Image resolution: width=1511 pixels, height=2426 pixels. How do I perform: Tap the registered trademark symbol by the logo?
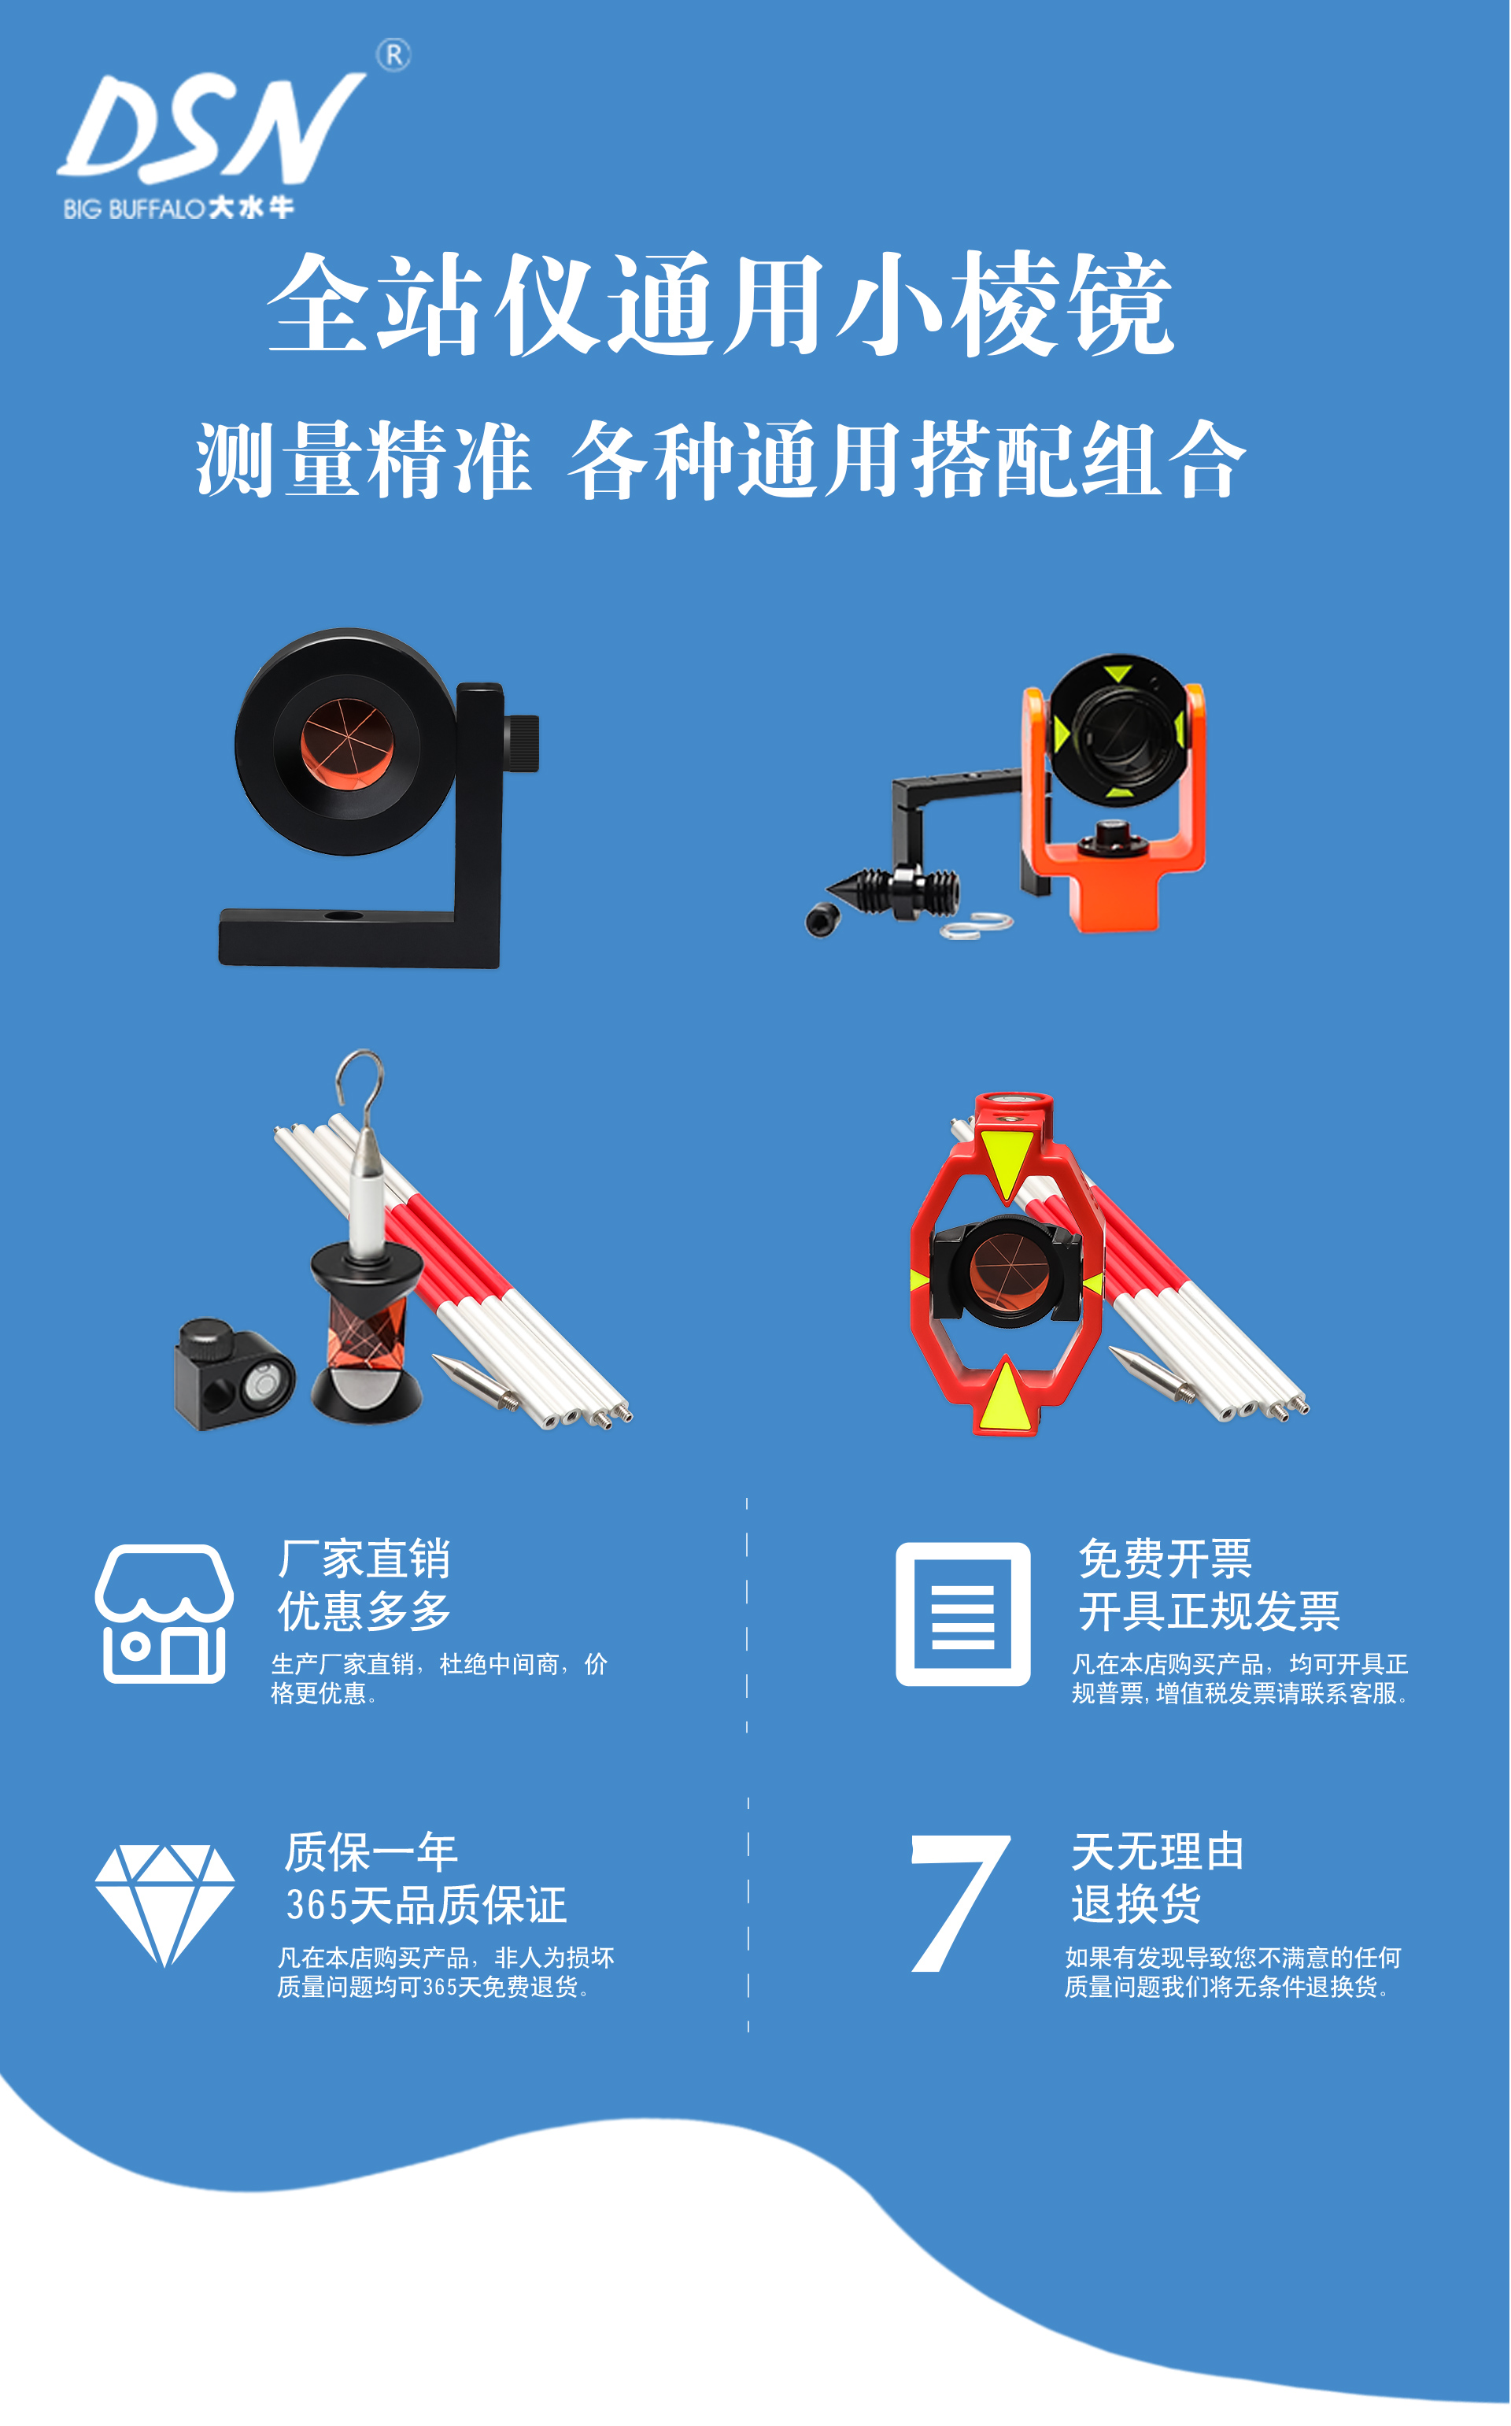(393, 55)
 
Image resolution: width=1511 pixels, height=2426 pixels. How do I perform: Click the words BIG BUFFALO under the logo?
(134, 209)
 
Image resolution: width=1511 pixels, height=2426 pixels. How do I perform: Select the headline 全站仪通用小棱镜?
(719, 304)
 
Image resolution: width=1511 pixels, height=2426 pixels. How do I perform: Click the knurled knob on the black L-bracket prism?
(521, 744)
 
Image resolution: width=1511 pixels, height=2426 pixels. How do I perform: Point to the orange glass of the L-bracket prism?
(345, 741)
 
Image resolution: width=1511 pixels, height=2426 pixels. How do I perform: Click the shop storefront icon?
(165, 1614)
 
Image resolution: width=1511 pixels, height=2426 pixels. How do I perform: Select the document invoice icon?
(962, 1614)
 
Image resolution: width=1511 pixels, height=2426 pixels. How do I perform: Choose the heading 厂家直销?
(364, 1559)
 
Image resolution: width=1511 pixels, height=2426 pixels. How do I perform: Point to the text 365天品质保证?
(427, 1905)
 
